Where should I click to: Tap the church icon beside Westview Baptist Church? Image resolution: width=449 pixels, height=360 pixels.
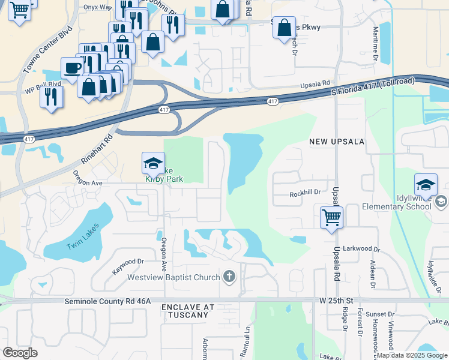(229, 277)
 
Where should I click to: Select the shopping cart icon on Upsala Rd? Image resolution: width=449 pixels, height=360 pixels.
(331, 217)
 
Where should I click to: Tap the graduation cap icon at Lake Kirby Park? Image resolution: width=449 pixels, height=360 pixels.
(153, 163)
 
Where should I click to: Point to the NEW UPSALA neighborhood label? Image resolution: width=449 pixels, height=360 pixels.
(337, 142)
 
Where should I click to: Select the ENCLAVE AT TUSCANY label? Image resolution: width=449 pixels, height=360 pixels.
(188, 311)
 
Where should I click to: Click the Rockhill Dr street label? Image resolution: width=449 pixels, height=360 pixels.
(306, 193)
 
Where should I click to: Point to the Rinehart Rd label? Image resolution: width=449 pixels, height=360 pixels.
(97, 149)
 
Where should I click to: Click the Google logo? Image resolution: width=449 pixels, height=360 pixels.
(20, 353)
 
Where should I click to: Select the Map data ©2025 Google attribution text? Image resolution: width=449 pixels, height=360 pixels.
(411, 355)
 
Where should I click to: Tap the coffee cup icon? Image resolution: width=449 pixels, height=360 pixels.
(73, 67)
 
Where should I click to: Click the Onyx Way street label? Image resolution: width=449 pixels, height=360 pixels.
(98, 7)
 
